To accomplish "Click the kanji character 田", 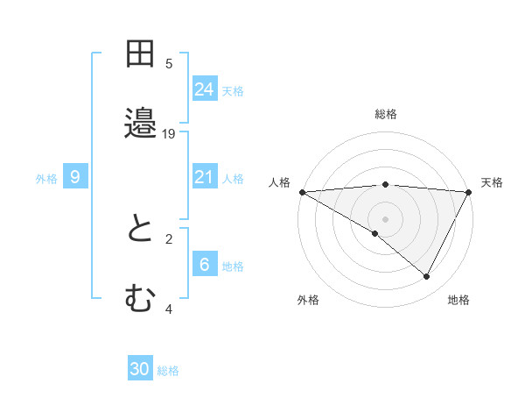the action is [x=141, y=54].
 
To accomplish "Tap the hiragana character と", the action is [x=141, y=231].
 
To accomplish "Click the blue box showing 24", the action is [x=205, y=89].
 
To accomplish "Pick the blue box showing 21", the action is [x=205, y=178].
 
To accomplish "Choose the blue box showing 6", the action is [x=205, y=265].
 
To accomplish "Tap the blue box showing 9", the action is [x=75, y=178].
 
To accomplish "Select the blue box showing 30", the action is [x=140, y=370].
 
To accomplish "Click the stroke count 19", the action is [x=169, y=133].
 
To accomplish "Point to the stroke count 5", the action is [x=169, y=63].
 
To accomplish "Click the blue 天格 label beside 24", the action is [x=233, y=90].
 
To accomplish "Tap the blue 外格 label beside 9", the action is [x=46, y=179].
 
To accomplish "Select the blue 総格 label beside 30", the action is [x=168, y=371].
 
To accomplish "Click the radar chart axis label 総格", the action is [x=386, y=114].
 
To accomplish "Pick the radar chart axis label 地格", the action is [x=458, y=300].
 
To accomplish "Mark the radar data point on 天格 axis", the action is [x=469, y=192].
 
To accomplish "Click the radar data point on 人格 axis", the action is [x=302, y=192].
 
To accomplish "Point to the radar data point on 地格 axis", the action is [x=427, y=276].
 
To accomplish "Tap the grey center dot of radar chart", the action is [x=386, y=218].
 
